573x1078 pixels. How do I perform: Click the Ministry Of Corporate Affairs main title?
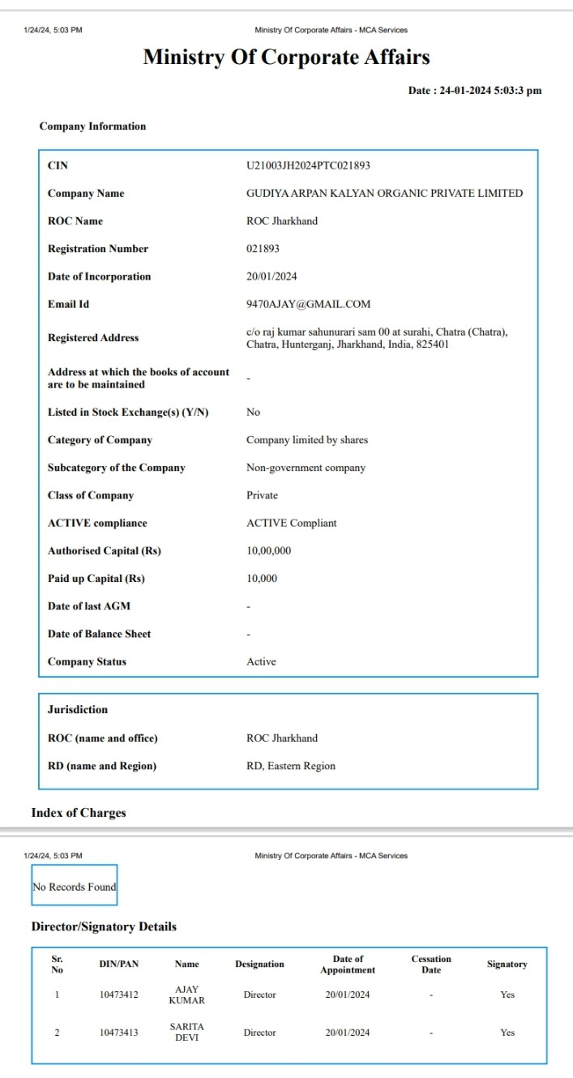click(286, 58)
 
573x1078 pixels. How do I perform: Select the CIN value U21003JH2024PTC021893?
click(308, 165)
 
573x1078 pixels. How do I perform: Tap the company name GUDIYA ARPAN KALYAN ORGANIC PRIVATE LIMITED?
click(384, 193)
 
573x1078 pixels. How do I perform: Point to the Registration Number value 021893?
click(263, 249)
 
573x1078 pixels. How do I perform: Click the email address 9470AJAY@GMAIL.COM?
click(308, 304)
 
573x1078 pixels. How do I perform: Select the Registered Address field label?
click(93, 338)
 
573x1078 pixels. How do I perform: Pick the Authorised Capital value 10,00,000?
click(268, 551)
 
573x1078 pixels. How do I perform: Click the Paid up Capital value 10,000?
click(262, 579)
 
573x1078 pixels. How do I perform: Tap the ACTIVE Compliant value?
click(291, 523)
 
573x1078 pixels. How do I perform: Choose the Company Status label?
click(87, 661)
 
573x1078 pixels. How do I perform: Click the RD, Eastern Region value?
click(290, 766)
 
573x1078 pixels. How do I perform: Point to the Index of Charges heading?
click(79, 813)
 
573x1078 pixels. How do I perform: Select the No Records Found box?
click(75, 887)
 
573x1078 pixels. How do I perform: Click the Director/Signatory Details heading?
click(104, 926)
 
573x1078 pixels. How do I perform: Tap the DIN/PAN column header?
click(118, 965)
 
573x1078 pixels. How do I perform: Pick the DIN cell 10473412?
click(118, 995)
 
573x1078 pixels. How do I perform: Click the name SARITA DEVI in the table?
click(186, 1032)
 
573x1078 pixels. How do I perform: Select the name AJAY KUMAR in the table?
click(186, 995)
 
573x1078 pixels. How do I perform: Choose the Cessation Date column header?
click(430, 965)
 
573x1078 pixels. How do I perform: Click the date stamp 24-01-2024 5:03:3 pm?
click(474, 91)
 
